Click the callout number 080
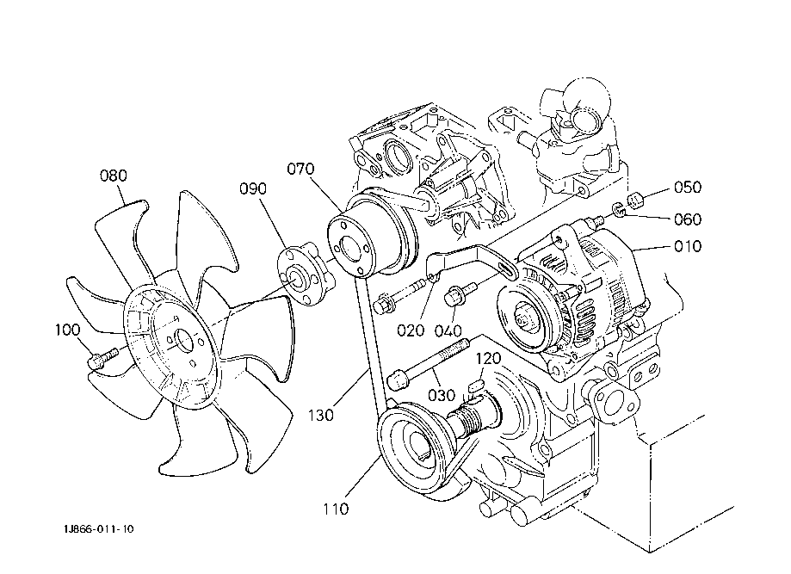pyautogui.click(x=114, y=176)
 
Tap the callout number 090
pyautogui.click(x=253, y=188)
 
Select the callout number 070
pyautogui.click(x=300, y=169)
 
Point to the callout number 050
pyautogui.click(x=688, y=187)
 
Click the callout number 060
pyautogui.click(x=688, y=219)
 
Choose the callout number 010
pyautogui.click(x=688, y=246)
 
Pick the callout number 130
pyautogui.click(x=321, y=415)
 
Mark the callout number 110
pyautogui.click(x=336, y=509)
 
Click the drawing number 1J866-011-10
pyautogui.click(x=99, y=529)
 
